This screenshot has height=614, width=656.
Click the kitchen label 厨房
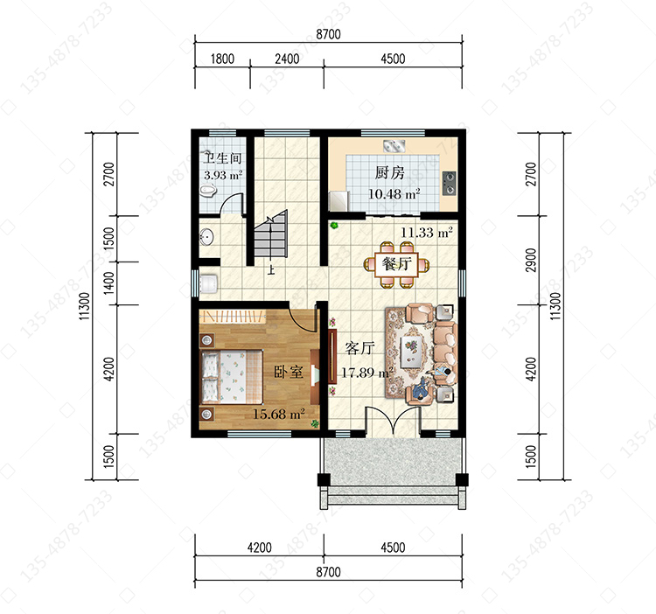[389, 172]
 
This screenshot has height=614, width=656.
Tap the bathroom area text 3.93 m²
[223, 175]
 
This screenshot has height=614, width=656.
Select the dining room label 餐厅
[396, 264]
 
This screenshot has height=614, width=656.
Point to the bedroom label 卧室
[289, 372]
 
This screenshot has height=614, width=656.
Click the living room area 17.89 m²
[367, 373]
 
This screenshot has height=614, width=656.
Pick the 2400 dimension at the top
[287, 59]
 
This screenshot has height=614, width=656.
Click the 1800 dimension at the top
[222, 59]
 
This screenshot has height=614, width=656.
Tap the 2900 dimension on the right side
[531, 260]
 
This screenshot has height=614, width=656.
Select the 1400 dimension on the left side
[108, 283]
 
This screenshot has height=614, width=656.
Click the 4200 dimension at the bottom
[260, 547]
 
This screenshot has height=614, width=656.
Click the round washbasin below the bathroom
[206, 237]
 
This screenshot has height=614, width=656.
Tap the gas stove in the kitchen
[449, 183]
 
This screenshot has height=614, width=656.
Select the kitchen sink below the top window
[394, 146]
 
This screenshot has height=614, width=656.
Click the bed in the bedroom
[232, 376]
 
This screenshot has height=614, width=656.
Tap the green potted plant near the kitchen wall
[334, 226]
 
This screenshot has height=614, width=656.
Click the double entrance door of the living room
[393, 422]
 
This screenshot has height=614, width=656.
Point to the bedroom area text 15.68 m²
[279, 414]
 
